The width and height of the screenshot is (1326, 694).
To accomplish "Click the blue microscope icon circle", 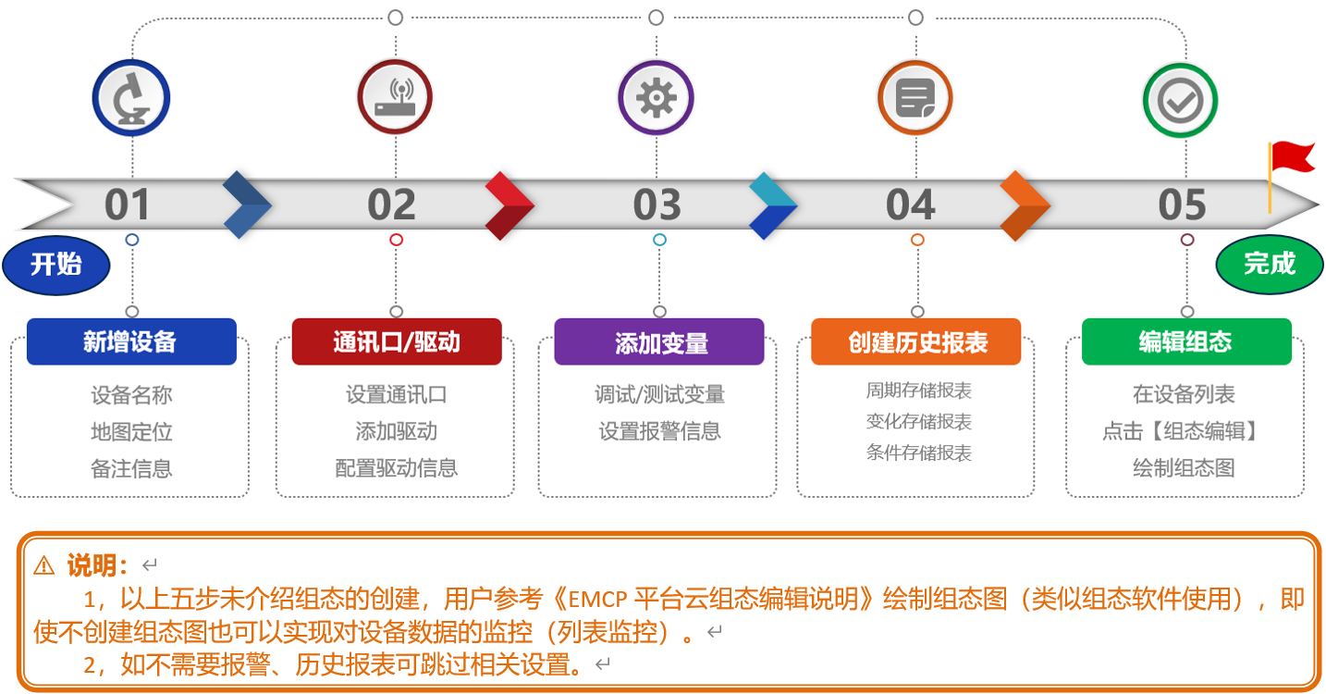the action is pyautogui.click(x=131, y=98).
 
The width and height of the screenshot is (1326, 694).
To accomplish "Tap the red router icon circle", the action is pyautogui.click(x=395, y=97).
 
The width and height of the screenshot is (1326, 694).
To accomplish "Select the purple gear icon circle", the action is pyautogui.click(x=656, y=98).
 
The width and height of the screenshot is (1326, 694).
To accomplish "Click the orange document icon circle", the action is pyautogui.click(x=915, y=98).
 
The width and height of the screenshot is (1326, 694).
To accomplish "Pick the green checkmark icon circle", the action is pyautogui.click(x=1181, y=101).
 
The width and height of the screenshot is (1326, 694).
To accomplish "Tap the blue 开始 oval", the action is pyautogui.click(x=56, y=265).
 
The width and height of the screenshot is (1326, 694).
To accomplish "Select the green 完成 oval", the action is pyautogui.click(x=1270, y=264).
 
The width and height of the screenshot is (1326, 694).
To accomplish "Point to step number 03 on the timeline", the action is pyautogui.click(x=657, y=204).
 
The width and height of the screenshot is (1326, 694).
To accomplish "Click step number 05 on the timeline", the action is pyautogui.click(x=1182, y=204).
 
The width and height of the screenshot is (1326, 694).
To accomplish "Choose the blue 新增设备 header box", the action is pyautogui.click(x=131, y=341).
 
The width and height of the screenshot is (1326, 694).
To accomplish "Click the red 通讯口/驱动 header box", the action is pyautogui.click(x=397, y=341).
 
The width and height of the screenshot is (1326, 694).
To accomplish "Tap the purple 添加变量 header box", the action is pyautogui.click(x=659, y=341).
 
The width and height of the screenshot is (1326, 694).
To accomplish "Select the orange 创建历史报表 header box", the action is pyautogui.click(x=916, y=341).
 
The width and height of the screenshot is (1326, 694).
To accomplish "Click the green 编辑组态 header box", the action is pyautogui.click(x=1187, y=341).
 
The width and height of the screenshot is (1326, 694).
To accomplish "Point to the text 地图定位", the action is pyautogui.click(x=131, y=432).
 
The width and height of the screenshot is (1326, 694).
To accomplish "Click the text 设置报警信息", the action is pyautogui.click(x=659, y=431).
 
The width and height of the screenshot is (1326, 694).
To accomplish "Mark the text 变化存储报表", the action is pyautogui.click(x=919, y=422).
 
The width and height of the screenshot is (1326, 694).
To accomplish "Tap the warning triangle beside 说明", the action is pyautogui.click(x=43, y=566).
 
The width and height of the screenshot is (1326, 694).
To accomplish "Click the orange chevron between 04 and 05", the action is pyautogui.click(x=1025, y=205).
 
